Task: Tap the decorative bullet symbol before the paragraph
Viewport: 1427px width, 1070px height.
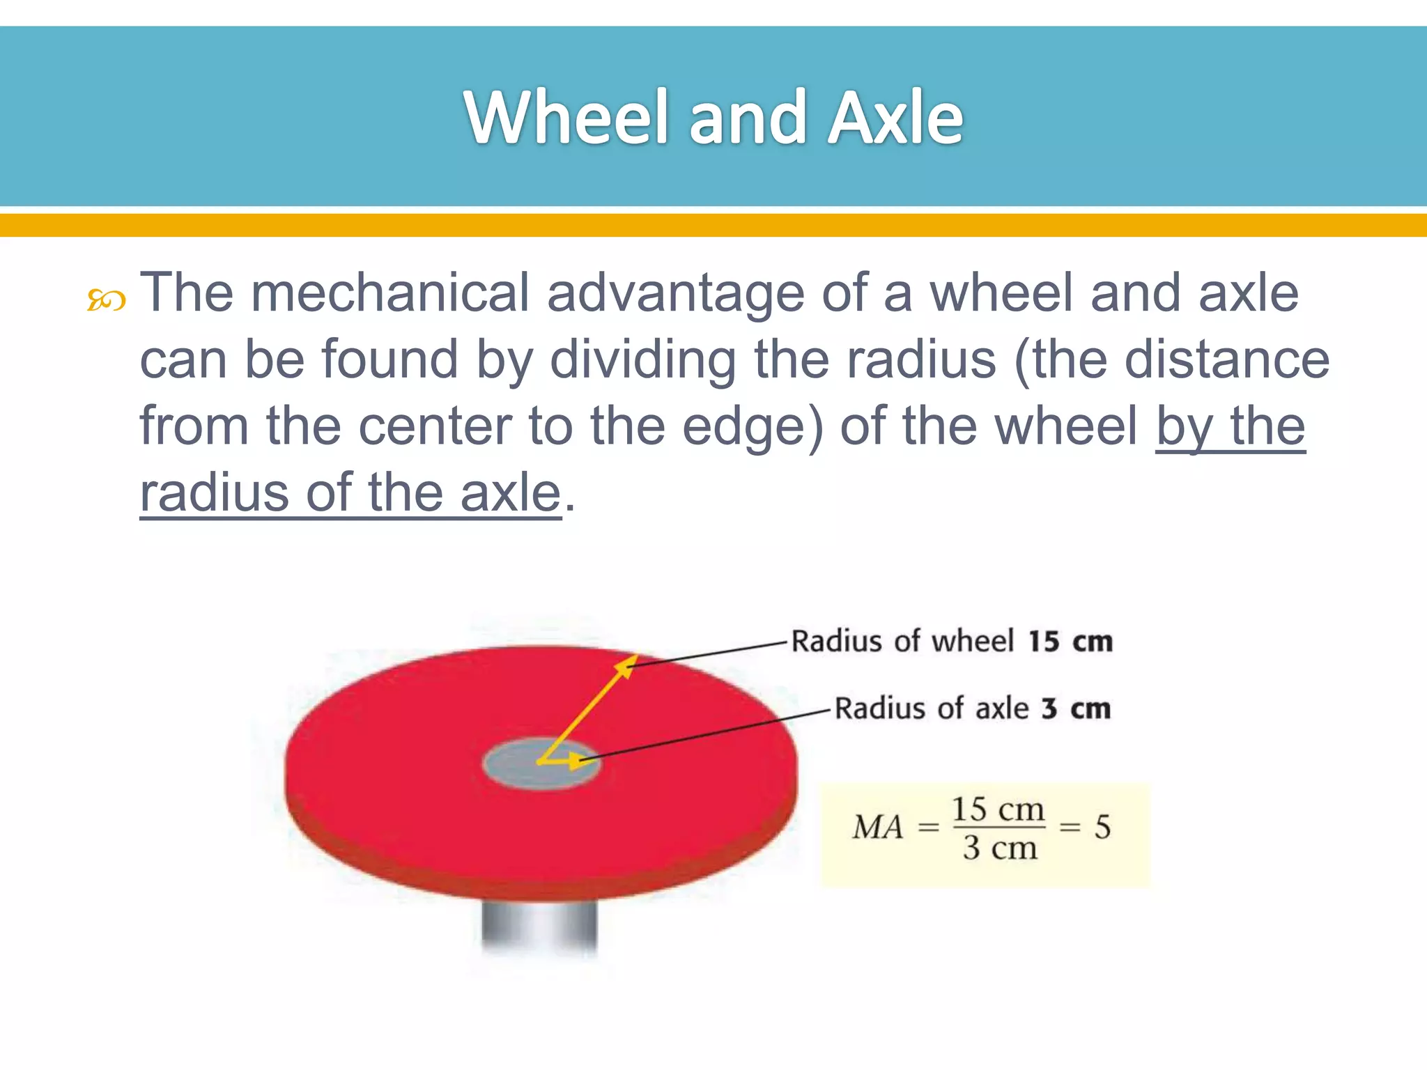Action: (x=106, y=301)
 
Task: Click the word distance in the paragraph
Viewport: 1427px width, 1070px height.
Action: (x=1226, y=360)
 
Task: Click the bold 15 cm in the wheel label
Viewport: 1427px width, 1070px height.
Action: (x=1070, y=642)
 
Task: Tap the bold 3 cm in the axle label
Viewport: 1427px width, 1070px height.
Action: (x=1075, y=708)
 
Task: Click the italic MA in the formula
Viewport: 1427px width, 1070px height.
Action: (x=877, y=828)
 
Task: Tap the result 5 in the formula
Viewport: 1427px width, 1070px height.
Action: (x=1102, y=828)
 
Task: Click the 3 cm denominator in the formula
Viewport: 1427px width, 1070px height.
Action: (x=999, y=848)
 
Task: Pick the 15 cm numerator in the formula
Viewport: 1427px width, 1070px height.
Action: (x=998, y=809)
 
